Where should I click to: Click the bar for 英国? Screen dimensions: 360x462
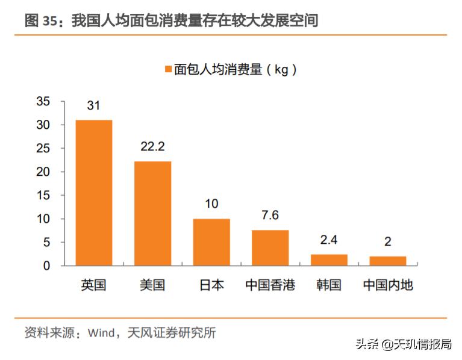click(x=93, y=193)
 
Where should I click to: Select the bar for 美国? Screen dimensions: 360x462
click(x=152, y=213)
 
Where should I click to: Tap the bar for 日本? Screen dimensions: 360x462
click(x=211, y=242)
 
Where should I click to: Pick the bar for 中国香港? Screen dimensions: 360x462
click(x=270, y=247)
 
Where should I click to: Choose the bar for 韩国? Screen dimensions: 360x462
click(x=329, y=260)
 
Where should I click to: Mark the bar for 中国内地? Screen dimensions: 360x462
click(x=388, y=261)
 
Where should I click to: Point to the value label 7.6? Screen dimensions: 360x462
click(x=270, y=216)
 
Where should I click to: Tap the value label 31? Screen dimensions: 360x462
click(x=93, y=106)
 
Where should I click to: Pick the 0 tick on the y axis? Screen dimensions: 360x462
click(x=46, y=265)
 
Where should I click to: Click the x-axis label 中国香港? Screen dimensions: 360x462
click(x=270, y=285)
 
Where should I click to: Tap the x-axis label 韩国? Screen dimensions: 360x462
click(x=329, y=285)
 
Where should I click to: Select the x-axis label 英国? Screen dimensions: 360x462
click(x=93, y=285)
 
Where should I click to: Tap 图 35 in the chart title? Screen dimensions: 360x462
click(x=40, y=21)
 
